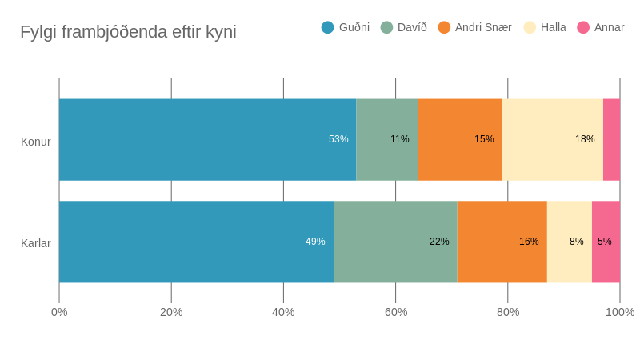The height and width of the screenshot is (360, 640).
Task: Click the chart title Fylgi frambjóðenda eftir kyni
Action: coord(128,32)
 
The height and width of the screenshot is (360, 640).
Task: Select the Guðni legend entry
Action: coord(346,27)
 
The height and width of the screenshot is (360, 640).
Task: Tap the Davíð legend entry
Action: coord(404,27)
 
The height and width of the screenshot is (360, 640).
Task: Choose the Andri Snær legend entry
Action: coord(475,27)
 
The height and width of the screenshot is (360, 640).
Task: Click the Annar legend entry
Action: coord(601,27)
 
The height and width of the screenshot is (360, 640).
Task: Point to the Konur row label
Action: coord(36,142)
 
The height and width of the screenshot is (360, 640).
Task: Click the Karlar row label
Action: coord(36,243)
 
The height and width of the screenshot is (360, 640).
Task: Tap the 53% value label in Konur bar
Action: coord(338,139)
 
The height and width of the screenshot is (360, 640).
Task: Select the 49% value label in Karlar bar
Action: coord(315,242)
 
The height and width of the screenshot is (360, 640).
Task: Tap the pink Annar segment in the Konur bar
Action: coord(611,139)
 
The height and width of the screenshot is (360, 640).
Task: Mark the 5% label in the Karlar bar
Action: coord(605,242)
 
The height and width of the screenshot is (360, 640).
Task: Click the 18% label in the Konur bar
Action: coord(585,139)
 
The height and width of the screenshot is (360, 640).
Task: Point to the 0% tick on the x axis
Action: coord(59,312)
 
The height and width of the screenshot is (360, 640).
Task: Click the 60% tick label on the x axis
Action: coord(396,312)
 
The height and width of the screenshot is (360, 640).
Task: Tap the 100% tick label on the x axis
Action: coord(620,312)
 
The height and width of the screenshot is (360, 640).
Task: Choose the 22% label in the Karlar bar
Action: coord(439,242)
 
